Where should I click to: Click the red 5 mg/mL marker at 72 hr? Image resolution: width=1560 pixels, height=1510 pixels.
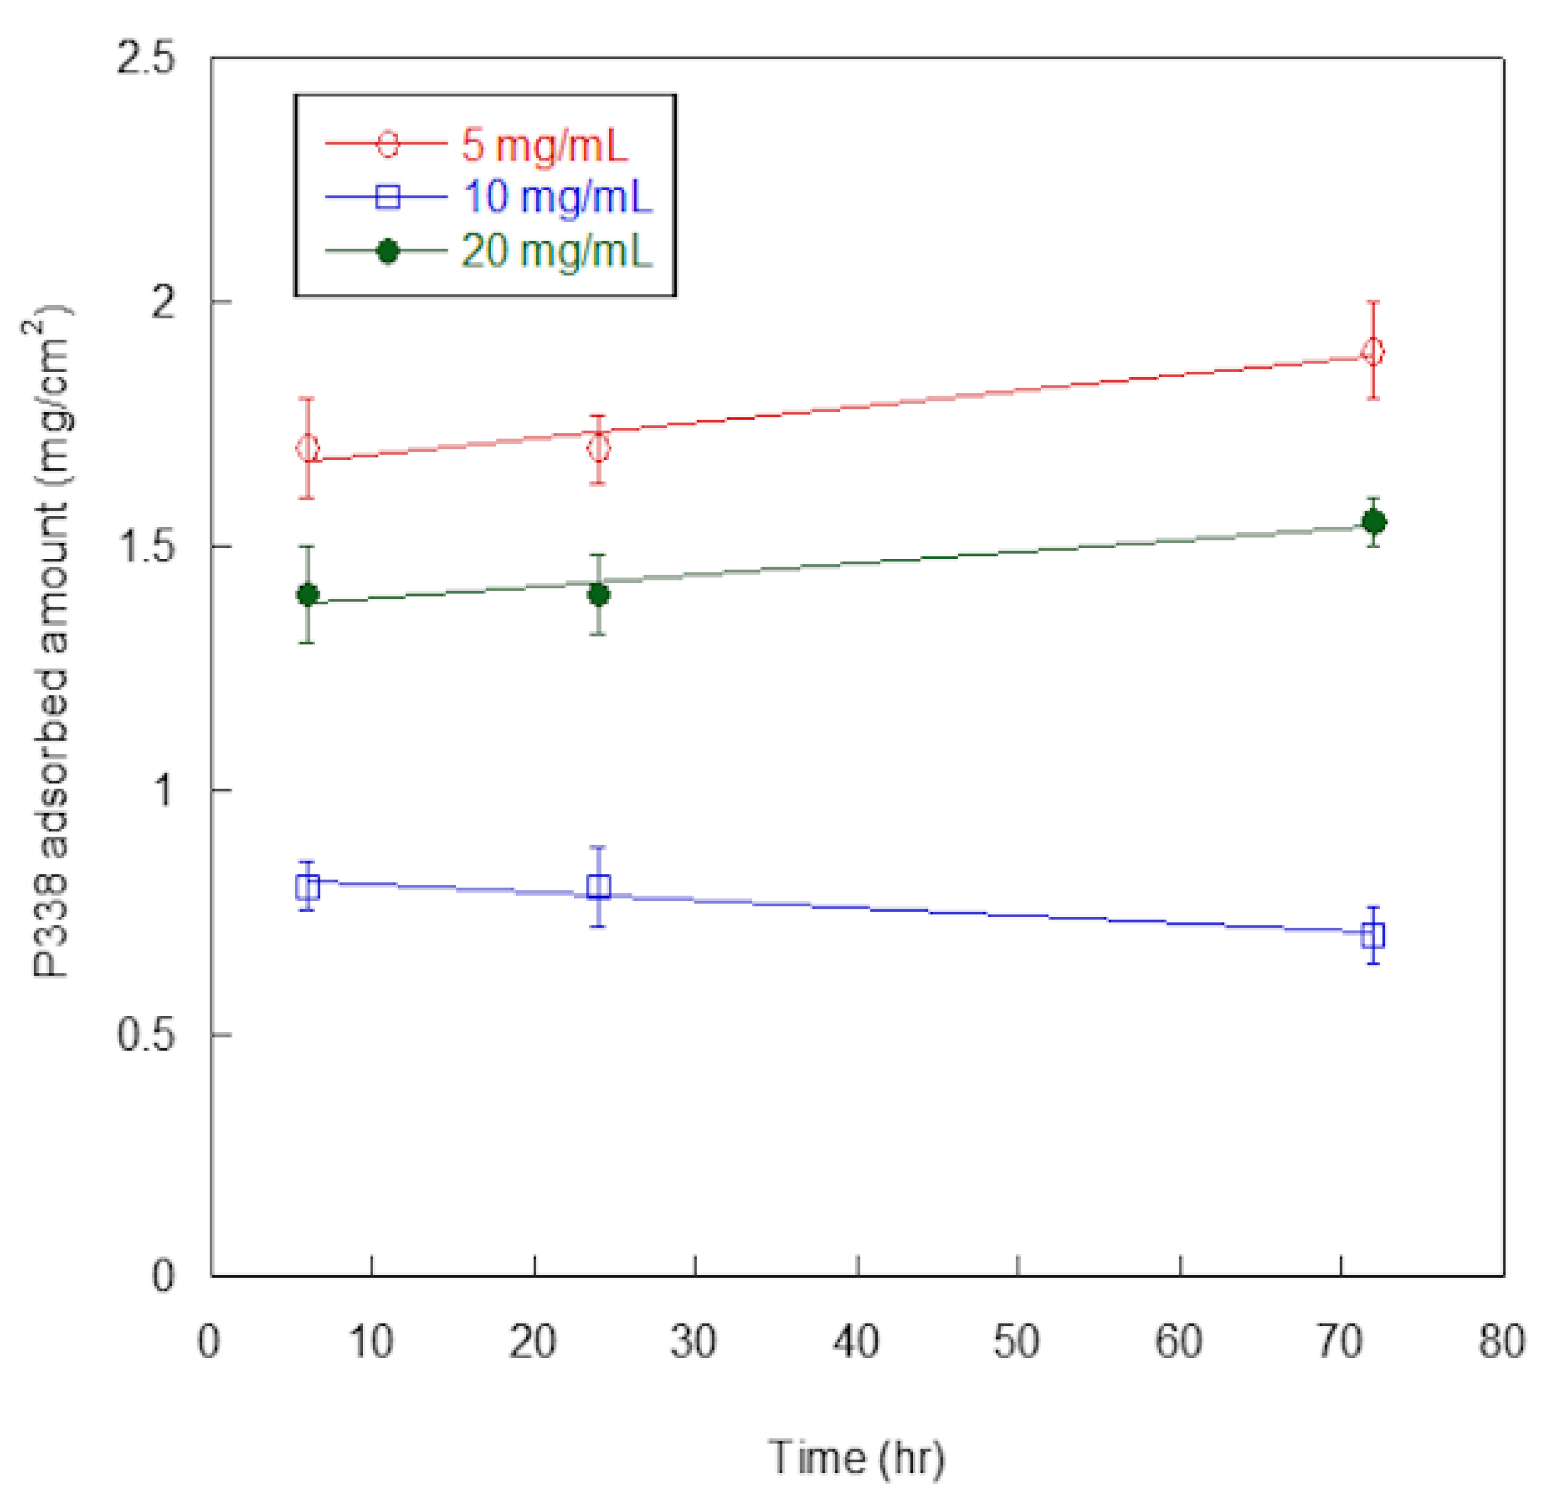[x=1372, y=351]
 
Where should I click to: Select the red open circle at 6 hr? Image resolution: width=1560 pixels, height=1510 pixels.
[x=308, y=448]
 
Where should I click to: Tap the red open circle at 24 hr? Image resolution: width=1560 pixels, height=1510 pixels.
[x=598, y=448]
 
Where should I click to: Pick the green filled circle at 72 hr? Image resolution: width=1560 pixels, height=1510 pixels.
[x=1373, y=522]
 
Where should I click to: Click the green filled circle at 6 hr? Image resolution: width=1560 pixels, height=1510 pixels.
[x=308, y=595]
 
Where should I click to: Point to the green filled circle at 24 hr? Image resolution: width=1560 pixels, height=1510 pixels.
[x=598, y=595]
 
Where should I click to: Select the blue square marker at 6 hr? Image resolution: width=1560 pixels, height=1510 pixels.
[x=308, y=886]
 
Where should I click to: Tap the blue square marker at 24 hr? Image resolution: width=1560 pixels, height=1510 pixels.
[x=598, y=886]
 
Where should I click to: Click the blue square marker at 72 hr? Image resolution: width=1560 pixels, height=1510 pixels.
[x=1372, y=936]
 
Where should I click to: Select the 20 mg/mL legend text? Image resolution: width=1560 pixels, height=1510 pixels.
[x=557, y=251]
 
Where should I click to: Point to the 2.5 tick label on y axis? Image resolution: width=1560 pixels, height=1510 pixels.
[x=145, y=59]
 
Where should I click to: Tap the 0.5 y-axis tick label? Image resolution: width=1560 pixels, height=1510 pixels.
[x=145, y=1035]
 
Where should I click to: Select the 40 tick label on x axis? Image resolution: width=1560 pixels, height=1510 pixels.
[x=856, y=1341]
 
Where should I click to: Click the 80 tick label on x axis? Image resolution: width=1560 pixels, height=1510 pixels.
[x=1501, y=1341]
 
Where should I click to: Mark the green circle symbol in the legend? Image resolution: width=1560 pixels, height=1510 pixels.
[x=387, y=251]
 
